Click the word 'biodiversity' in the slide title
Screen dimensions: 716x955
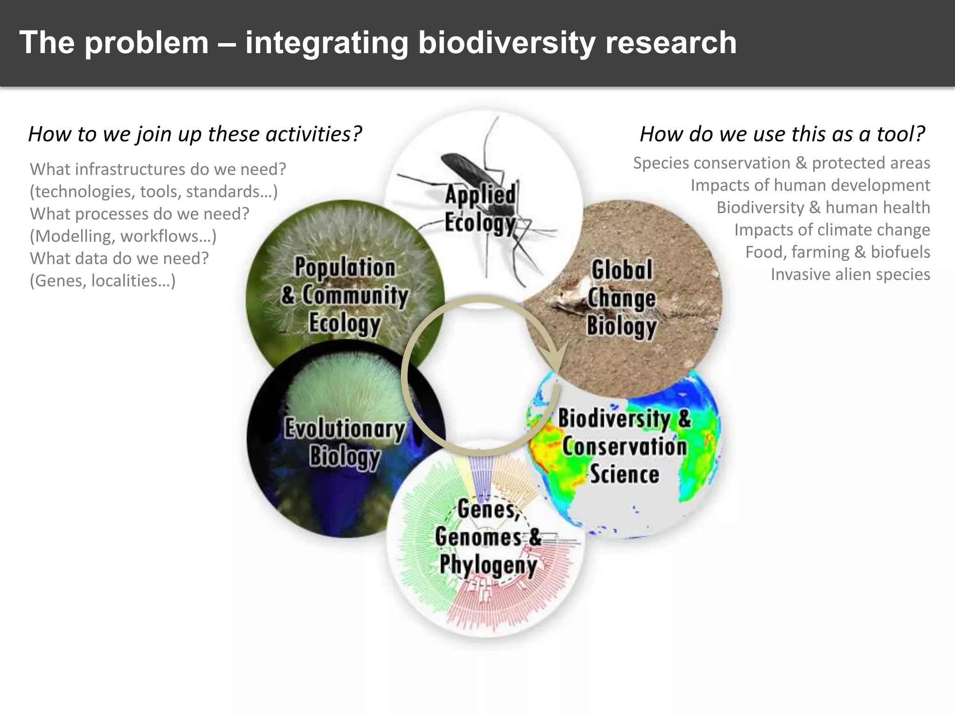click(x=506, y=43)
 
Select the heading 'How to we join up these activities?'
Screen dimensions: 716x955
click(x=195, y=134)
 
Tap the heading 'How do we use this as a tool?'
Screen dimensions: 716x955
click(x=782, y=134)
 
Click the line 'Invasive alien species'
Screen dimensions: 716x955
click(x=850, y=275)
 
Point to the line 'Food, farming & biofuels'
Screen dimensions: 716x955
click(x=837, y=252)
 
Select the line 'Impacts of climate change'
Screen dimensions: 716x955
click(x=832, y=230)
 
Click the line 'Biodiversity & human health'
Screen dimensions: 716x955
click(x=823, y=207)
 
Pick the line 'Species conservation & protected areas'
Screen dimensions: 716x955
click(x=782, y=163)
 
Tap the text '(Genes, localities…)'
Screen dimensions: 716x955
click(x=103, y=281)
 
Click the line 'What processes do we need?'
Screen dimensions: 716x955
click(x=139, y=214)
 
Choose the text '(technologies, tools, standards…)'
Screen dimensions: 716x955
click(x=154, y=192)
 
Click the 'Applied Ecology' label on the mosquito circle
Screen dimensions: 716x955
click(x=480, y=208)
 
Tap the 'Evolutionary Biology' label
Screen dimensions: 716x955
click(x=345, y=442)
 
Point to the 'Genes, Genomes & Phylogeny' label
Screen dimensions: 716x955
click(x=487, y=537)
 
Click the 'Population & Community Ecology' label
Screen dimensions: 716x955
click(x=345, y=296)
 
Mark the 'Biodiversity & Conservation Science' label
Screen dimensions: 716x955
click(x=624, y=446)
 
